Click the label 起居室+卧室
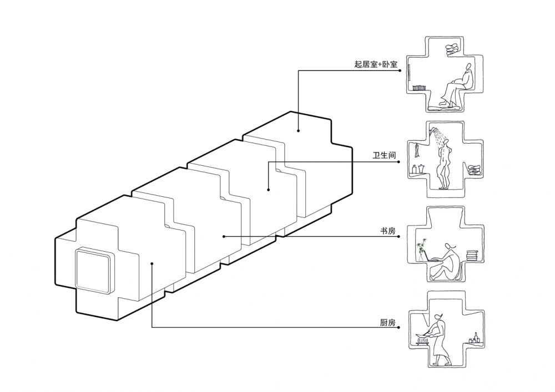point(376,64)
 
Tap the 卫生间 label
point(384,155)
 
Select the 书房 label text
point(387,231)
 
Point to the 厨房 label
point(387,322)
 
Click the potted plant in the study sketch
point(422,250)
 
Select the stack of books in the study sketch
point(472,256)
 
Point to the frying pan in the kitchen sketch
point(423,333)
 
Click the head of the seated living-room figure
point(468,67)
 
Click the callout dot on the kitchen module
point(152,263)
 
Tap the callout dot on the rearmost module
point(299,131)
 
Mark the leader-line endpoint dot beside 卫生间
point(399,162)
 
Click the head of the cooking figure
point(439,315)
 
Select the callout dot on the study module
point(224,236)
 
